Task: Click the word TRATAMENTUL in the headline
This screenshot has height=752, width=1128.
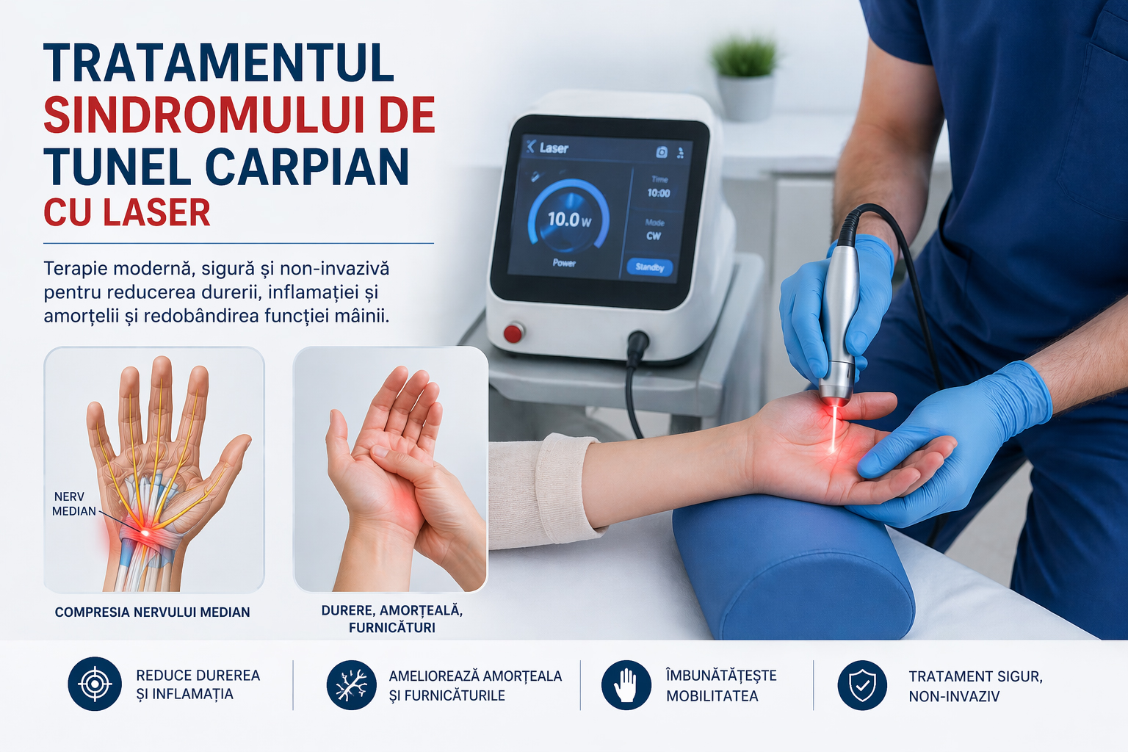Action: tap(219, 62)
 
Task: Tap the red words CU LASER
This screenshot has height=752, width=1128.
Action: tap(127, 212)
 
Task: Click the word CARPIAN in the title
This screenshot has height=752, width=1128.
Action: tap(307, 167)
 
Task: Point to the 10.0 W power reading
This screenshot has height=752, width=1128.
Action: tap(570, 219)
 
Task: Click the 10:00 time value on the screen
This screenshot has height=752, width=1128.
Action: tap(659, 193)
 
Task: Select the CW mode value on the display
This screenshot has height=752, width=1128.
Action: tap(654, 236)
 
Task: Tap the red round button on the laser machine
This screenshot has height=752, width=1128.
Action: tap(513, 333)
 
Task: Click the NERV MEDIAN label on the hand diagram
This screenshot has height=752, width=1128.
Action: tap(74, 504)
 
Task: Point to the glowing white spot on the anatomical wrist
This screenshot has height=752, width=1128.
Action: tap(145, 532)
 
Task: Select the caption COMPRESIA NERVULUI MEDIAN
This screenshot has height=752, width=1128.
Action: tap(152, 612)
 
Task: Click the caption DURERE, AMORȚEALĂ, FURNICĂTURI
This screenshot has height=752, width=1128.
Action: tap(391, 619)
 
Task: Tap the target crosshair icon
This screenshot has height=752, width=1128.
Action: tap(95, 684)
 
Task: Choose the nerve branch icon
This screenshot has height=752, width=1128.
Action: tap(352, 685)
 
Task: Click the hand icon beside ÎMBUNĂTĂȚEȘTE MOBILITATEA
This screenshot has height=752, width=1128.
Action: tap(626, 685)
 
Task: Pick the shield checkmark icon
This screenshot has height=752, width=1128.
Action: tap(862, 685)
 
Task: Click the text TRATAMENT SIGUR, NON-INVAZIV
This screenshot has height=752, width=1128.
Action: tap(975, 686)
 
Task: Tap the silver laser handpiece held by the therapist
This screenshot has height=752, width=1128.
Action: tap(839, 322)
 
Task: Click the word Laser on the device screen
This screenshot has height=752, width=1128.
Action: tap(554, 148)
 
